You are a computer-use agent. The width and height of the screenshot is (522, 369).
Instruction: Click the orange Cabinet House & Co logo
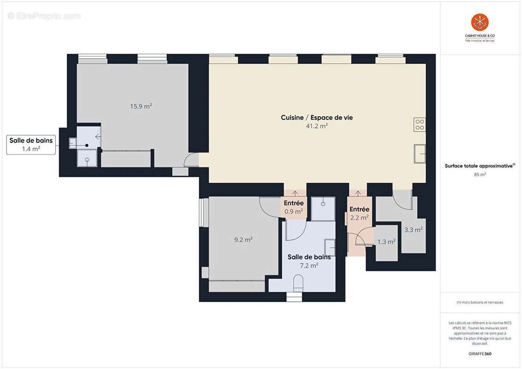tap(480, 22)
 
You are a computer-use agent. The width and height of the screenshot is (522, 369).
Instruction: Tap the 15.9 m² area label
tap(141, 106)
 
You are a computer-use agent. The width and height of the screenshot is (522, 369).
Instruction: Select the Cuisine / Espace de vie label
tap(317, 118)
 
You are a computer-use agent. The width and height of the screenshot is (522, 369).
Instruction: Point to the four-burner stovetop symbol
tap(420, 125)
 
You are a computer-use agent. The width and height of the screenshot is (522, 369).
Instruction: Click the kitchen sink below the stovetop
tap(420, 154)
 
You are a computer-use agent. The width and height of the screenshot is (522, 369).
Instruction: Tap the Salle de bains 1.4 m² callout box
tap(31, 144)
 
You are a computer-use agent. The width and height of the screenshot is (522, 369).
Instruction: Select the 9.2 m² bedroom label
tap(243, 239)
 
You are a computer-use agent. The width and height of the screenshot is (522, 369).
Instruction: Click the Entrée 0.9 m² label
tap(294, 207)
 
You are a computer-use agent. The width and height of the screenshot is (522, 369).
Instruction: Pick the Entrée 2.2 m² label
tap(359, 214)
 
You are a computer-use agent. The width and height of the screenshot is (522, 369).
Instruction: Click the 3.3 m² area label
tap(413, 229)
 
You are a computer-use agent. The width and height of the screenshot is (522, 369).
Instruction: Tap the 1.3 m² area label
tap(386, 242)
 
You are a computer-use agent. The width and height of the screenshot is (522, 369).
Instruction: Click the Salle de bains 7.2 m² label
tap(309, 261)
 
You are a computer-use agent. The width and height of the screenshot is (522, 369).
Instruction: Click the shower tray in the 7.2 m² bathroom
tap(323, 208)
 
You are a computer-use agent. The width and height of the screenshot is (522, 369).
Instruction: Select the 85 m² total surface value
tap(480, 174)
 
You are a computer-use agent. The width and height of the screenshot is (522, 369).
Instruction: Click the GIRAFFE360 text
tap(480, 353)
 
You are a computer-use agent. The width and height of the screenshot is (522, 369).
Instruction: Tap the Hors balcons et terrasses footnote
tap(480, 302)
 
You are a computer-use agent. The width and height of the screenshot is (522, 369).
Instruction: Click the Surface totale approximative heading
tap(480, 166)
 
